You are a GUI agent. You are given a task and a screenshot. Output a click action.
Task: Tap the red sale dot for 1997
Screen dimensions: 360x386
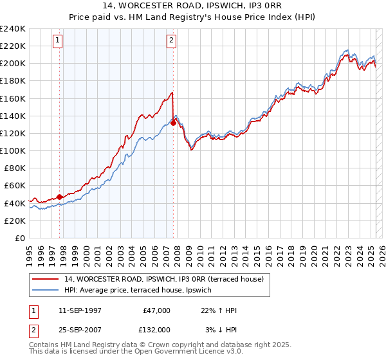click(x=60, y=197)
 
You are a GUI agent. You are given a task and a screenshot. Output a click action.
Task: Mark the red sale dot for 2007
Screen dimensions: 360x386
click(x=174, y=123)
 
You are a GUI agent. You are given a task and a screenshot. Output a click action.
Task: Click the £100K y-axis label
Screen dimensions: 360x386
click(x=14, y=150)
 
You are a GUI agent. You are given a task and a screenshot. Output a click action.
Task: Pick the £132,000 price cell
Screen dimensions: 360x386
click(x=154, y=329)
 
